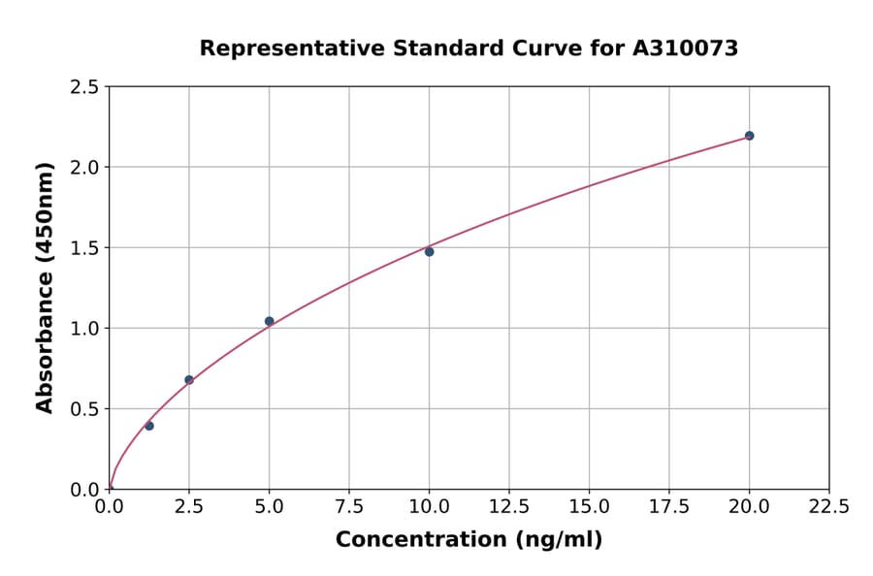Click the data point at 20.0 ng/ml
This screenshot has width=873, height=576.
749,136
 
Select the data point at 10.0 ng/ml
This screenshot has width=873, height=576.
429,252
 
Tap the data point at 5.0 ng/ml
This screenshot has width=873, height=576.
269,321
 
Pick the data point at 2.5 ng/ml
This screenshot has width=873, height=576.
189,380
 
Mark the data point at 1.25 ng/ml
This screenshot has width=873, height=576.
149,426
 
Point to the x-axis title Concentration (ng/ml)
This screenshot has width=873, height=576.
469,539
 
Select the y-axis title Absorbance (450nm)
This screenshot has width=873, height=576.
45,287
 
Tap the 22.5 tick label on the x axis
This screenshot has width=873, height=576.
828,507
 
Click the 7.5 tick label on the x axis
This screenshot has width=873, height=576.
349,507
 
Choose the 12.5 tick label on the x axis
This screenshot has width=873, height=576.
509,507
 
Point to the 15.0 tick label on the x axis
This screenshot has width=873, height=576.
589,507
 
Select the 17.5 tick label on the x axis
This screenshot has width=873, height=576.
669,507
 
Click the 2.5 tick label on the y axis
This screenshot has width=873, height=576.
85,87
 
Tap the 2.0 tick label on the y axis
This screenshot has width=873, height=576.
85,168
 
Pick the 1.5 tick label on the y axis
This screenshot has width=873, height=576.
85,248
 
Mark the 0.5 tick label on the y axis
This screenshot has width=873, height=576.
85,409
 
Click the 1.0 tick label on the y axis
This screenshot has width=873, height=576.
85,329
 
